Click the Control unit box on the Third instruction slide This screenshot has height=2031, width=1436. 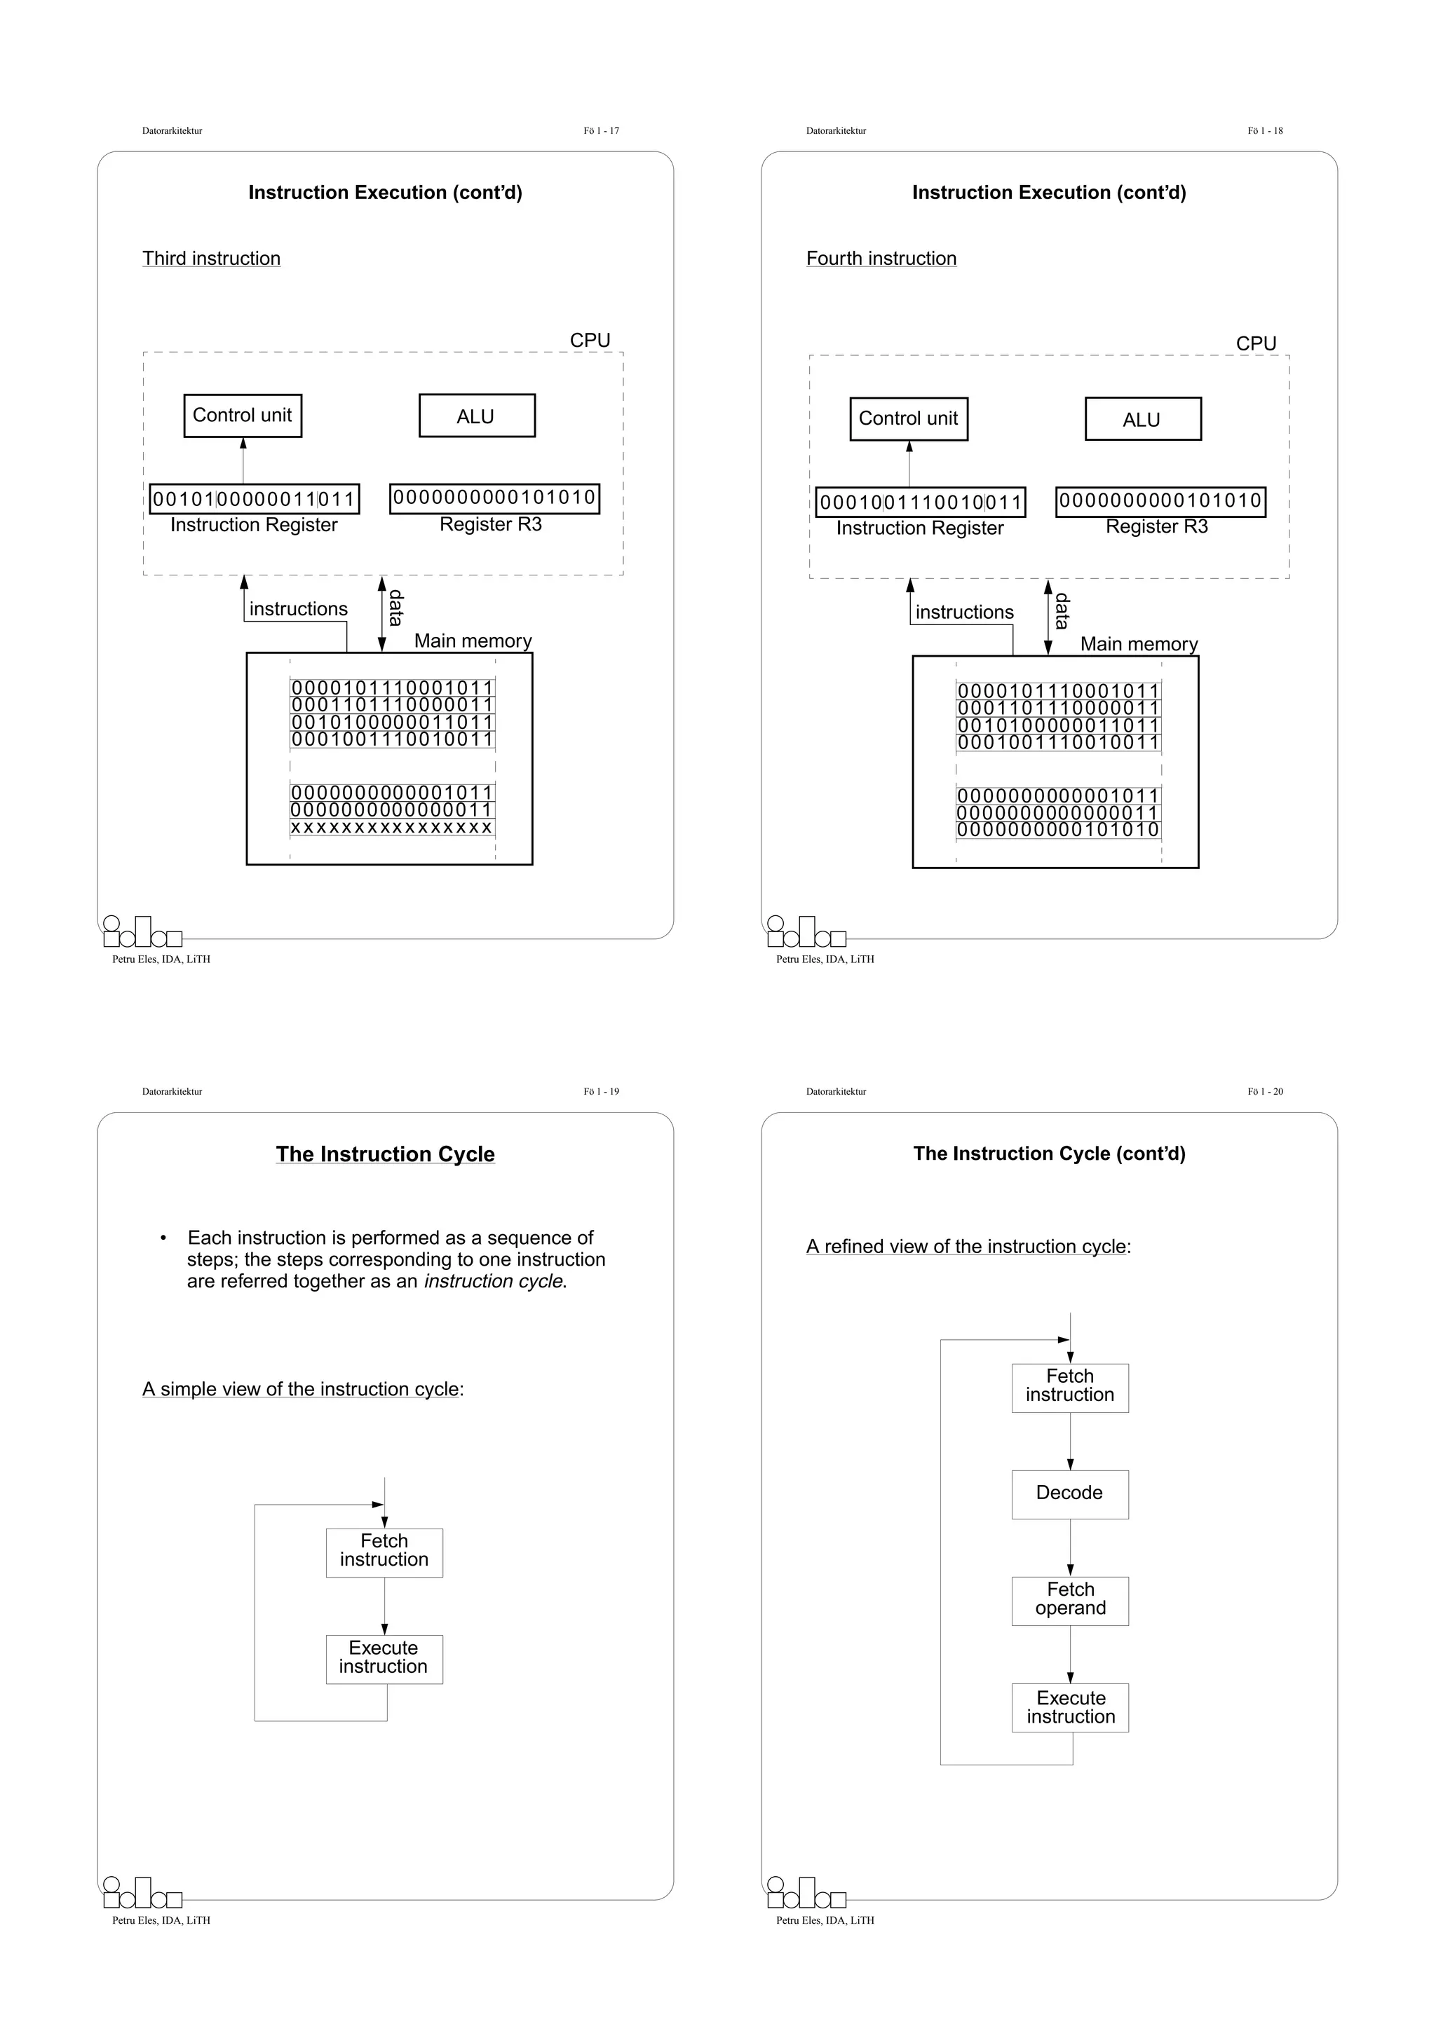pos(243,416)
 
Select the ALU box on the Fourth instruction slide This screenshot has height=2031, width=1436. pos(1142,419)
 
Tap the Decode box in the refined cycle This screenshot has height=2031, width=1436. pos(1070,1494)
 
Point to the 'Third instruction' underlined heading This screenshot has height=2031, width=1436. pos(212,259)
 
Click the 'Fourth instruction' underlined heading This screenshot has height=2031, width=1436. pos(881,259)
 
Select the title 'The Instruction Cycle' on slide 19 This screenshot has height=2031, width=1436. pos(385,1154)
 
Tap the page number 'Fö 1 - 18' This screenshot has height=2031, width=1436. pos(1264,131)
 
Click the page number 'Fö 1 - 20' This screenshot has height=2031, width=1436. pos(1264,1092)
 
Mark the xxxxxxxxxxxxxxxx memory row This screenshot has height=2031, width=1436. pos(392,828)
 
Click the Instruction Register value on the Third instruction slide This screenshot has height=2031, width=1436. pos(254,499)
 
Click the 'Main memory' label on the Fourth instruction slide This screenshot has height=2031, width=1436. pos(1139,644)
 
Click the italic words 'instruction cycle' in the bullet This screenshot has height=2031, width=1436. pos(494,1281)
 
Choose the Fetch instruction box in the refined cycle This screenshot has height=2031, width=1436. pos(1070,1386)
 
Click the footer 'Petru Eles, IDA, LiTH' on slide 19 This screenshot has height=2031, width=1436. pos(161,1920)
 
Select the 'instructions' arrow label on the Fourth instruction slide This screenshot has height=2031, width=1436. pos(964,612)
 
